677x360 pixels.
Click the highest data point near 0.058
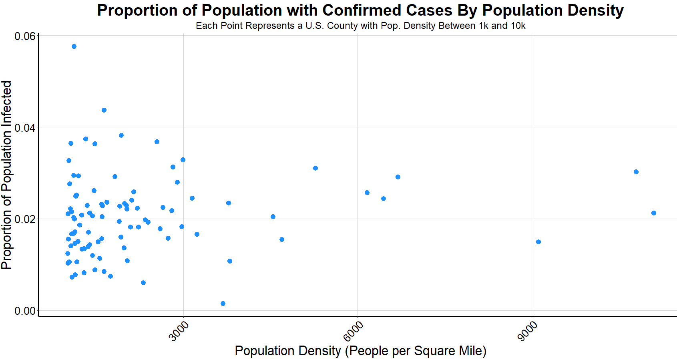point(74,46)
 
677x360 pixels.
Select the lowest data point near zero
point(223,304)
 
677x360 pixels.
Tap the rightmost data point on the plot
point(654,213)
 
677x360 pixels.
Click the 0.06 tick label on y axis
point(25,36)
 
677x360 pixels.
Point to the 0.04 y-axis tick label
point(25,128)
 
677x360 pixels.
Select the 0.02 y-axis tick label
point(25,219)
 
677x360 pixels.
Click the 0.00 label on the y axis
point(25,311)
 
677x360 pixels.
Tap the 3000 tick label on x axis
point(179,332)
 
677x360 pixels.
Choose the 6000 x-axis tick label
point(354,332)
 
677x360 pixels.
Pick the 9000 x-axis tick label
point(528,332)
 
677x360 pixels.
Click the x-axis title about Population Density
point(360,351)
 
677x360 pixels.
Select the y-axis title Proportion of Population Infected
point(7,175)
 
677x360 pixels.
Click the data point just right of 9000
point(538,242)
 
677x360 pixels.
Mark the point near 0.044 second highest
point(104,110)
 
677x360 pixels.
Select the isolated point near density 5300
point(315,168)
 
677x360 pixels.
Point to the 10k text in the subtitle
point(518,26)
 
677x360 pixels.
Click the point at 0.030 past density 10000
point(636,172)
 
